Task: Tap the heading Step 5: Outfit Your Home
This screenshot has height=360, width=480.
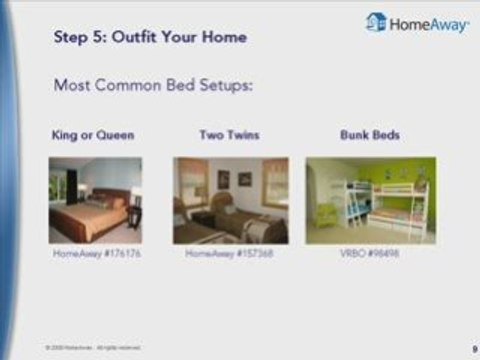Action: tap(150, 38)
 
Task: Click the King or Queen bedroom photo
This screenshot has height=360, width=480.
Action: tap(95, 199)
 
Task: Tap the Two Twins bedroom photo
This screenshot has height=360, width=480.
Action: tap(230, 199)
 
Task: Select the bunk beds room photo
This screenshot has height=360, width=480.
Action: tap(370, 199)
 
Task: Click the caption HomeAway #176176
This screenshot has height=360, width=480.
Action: tap(95, 254)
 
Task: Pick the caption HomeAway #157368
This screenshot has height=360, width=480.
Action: tap(230, 254)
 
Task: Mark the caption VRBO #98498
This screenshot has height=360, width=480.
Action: tap(370, 254)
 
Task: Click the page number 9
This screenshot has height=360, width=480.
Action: tap(471, 348)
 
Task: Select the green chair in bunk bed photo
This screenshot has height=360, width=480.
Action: tap(325, 215)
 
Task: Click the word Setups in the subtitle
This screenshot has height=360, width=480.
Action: tap(226, 86)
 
